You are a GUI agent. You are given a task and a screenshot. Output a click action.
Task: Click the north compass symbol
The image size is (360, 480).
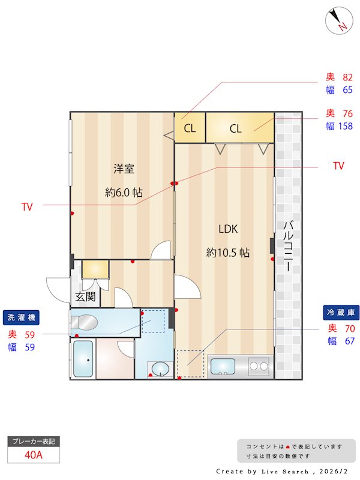pyautogui.click(x=339, y=20)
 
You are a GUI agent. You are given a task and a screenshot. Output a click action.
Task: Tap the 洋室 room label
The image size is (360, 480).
pyautogui.click(x=124, y=169)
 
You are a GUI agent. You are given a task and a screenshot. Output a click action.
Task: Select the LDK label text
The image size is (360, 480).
pyautogui.click(x=228, y=229)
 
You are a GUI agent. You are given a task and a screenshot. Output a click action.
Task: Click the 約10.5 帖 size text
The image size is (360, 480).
pyautogui.click(x=228, y=253)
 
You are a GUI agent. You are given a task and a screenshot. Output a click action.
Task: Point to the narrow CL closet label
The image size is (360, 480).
pyautogui.click(x=190, y=128)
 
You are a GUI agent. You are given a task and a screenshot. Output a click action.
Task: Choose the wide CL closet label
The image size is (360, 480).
pyautogui.click(x=236, y=128)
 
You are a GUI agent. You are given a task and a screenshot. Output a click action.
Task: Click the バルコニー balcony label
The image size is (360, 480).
pyautogui.click(x=288, y=246)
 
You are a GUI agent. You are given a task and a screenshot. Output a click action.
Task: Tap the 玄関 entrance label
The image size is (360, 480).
pyautogui.click(x=85, y=296)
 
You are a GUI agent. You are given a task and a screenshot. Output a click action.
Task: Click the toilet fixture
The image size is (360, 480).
pyautogui.click(x=84, y=322)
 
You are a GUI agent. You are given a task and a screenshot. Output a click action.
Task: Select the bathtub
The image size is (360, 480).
pyautogui.click(x=83, y=359)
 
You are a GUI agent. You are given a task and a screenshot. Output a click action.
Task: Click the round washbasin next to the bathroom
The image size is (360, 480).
pyautogui.click(x=160, y=369)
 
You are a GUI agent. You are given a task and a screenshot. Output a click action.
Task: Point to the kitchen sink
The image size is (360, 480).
pyautogui.click(x=223, y=367)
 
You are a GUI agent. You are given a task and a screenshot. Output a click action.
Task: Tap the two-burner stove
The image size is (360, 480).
pyautogui.click(x=259, y=366)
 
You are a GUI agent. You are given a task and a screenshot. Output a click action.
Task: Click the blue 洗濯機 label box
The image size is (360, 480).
pyautogui.click(x=21, y=317)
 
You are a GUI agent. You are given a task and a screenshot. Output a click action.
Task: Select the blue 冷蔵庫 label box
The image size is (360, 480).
pyautogui.click(x=341, y=313)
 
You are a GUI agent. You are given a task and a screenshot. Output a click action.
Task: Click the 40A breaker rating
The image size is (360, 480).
pyautogui.click(x=34, y=455)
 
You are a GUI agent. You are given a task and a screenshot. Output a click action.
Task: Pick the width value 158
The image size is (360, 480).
pyautogui.click(x=346, y=126)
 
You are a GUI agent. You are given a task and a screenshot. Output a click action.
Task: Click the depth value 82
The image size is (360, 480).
pyautogui.click(x=348, y=77)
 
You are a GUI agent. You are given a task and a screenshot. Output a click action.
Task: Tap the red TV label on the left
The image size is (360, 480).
pyautogui.click(x=27, y=207)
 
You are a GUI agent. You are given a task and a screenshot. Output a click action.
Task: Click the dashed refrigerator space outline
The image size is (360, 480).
pyautogui.click(x=190, y=364)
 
